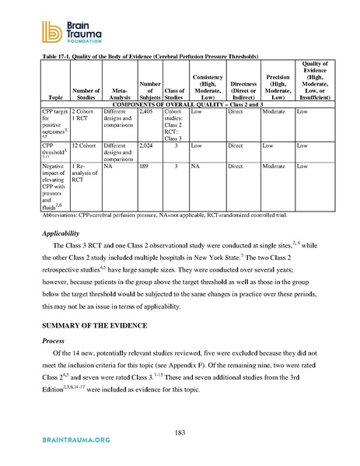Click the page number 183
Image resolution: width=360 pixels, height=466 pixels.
click(179, 432)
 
